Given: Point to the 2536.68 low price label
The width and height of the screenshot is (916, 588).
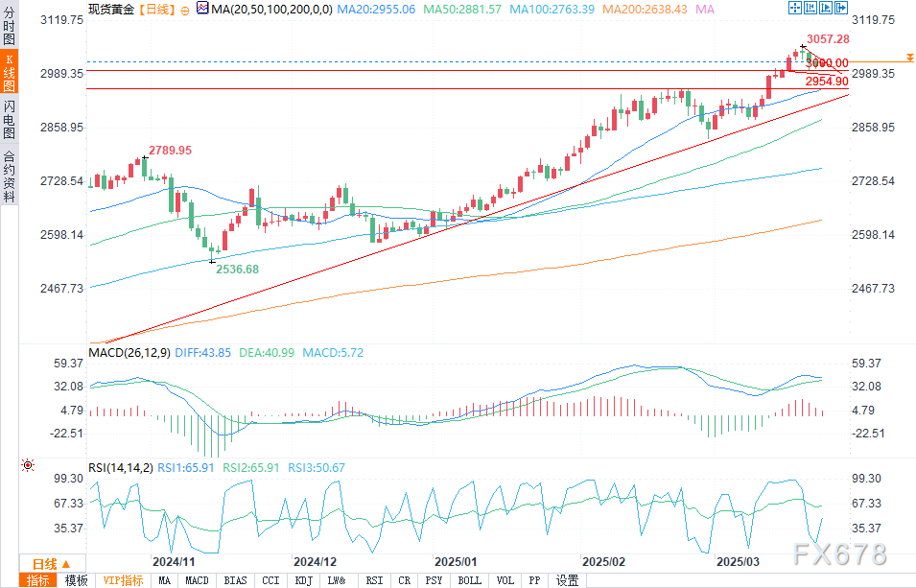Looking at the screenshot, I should click(238, 270).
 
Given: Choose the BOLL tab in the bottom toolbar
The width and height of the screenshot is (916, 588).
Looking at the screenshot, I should click(469, 580).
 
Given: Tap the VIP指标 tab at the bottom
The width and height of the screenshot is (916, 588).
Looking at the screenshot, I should click(123, 580).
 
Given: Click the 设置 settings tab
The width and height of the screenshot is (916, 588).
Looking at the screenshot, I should click(568, 580).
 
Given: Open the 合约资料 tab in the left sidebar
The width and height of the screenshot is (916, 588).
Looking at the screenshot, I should click(9, 176).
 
